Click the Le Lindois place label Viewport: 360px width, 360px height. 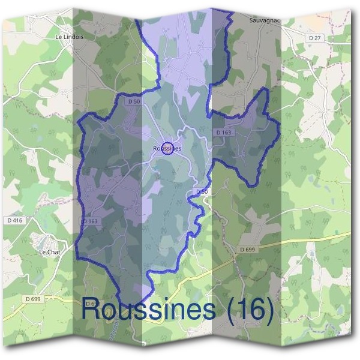(x=70, y=37)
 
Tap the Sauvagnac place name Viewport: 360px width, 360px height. (x=263, y=20)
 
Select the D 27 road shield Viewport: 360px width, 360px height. (x=315, y=38)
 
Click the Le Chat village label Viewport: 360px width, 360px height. (x=49, y=252)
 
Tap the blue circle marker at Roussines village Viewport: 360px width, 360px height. (x=168, y=148)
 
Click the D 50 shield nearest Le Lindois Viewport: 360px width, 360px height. (x=134, y=102)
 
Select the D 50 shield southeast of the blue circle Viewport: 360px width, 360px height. (x=202, y=191)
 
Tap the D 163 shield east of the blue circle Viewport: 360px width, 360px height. (x=223, y=131)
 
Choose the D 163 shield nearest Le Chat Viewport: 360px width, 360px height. (x=89, y=221)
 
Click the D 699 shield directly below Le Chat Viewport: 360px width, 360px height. (x=34, y=298)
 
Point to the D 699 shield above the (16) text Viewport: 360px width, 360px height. (x=247, y=248)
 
